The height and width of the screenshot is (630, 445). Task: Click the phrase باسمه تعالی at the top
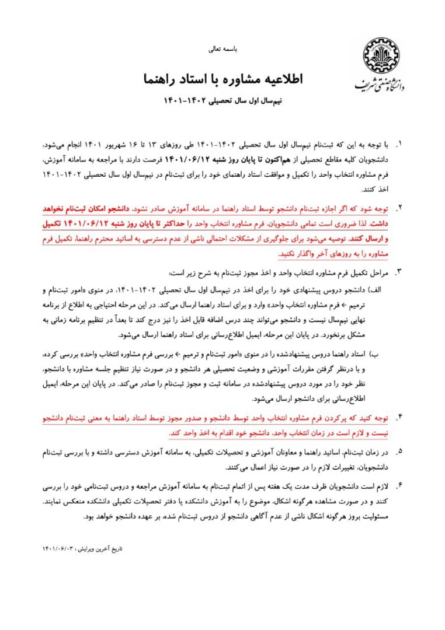(x=222, y=51)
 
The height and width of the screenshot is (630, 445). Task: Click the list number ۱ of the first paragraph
(x=400, y=143)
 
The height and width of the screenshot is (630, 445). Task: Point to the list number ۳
(x=400, y=272)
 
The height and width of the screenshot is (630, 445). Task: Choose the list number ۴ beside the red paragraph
(x=400, y=418)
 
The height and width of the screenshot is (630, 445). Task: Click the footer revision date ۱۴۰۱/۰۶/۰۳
(x=58, y=549)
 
